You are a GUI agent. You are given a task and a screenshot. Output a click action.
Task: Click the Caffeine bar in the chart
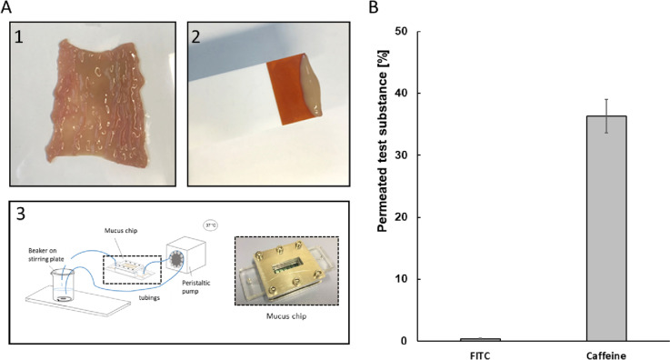tap(606, 228)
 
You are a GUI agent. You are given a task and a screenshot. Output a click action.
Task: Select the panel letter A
tap(8, 8)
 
